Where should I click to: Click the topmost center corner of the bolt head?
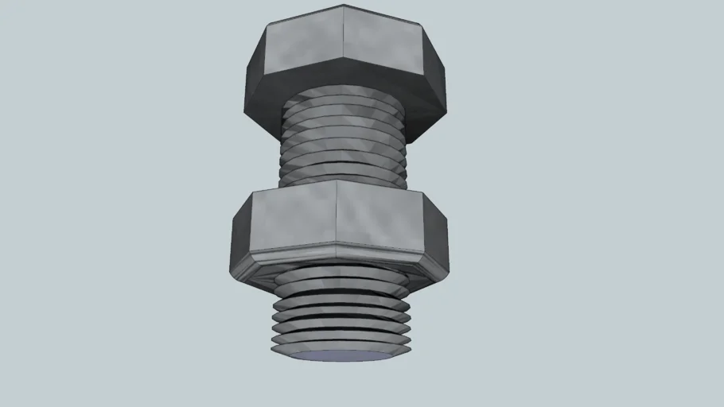(344, 6)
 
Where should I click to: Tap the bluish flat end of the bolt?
(341, 356)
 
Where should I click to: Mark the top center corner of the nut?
(337, 181)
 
